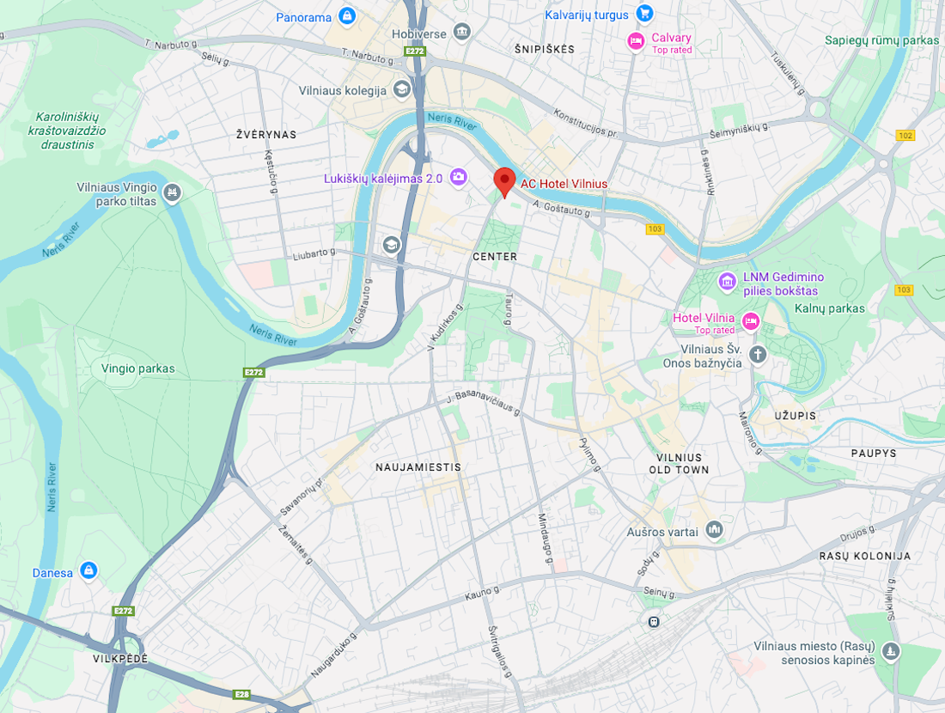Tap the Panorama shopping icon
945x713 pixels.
click(x=346, y=15)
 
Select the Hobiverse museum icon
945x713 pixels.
click(x=462, y=32)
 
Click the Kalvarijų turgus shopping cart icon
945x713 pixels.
click(x=644, y=13)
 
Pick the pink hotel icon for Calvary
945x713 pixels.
click(x=636, y=41)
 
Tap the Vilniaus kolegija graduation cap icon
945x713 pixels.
click(x=401, y=88)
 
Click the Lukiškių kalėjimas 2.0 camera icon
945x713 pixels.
click(x=458, y=177)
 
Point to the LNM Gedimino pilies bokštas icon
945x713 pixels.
click(x=727, y=281)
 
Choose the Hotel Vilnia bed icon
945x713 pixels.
click(x=751, y=321)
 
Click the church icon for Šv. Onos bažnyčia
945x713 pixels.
click(x=757, y=354)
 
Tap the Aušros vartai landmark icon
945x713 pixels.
click(x=714, y=530)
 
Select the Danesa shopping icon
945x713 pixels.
click(x=88, y=570)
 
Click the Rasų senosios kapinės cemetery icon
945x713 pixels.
click(x=892, y=651)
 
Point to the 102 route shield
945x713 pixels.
click(x=905, y=135)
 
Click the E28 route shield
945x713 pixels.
click(x=243, y=694)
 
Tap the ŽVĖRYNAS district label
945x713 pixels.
click(x=266, y=135)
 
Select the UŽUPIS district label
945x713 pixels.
click(x=794, y=416)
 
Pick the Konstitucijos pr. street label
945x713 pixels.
click(x=586, y=124)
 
